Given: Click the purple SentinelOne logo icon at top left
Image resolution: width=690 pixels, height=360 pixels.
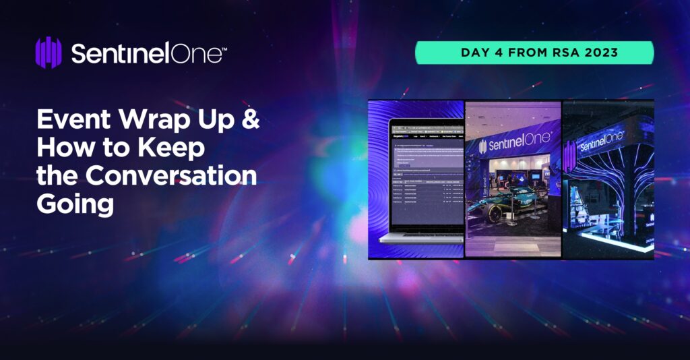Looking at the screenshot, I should point(48,53).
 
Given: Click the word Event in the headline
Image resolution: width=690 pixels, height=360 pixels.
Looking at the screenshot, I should point(73,121).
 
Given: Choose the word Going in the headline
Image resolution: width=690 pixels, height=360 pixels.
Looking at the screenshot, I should point(75,203).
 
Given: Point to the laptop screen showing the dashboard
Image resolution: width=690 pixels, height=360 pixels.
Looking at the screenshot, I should point(427,175).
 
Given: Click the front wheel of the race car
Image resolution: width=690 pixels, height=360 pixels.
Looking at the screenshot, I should point(495,214).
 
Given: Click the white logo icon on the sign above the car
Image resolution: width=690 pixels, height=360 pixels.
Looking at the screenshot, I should point(483,147).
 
